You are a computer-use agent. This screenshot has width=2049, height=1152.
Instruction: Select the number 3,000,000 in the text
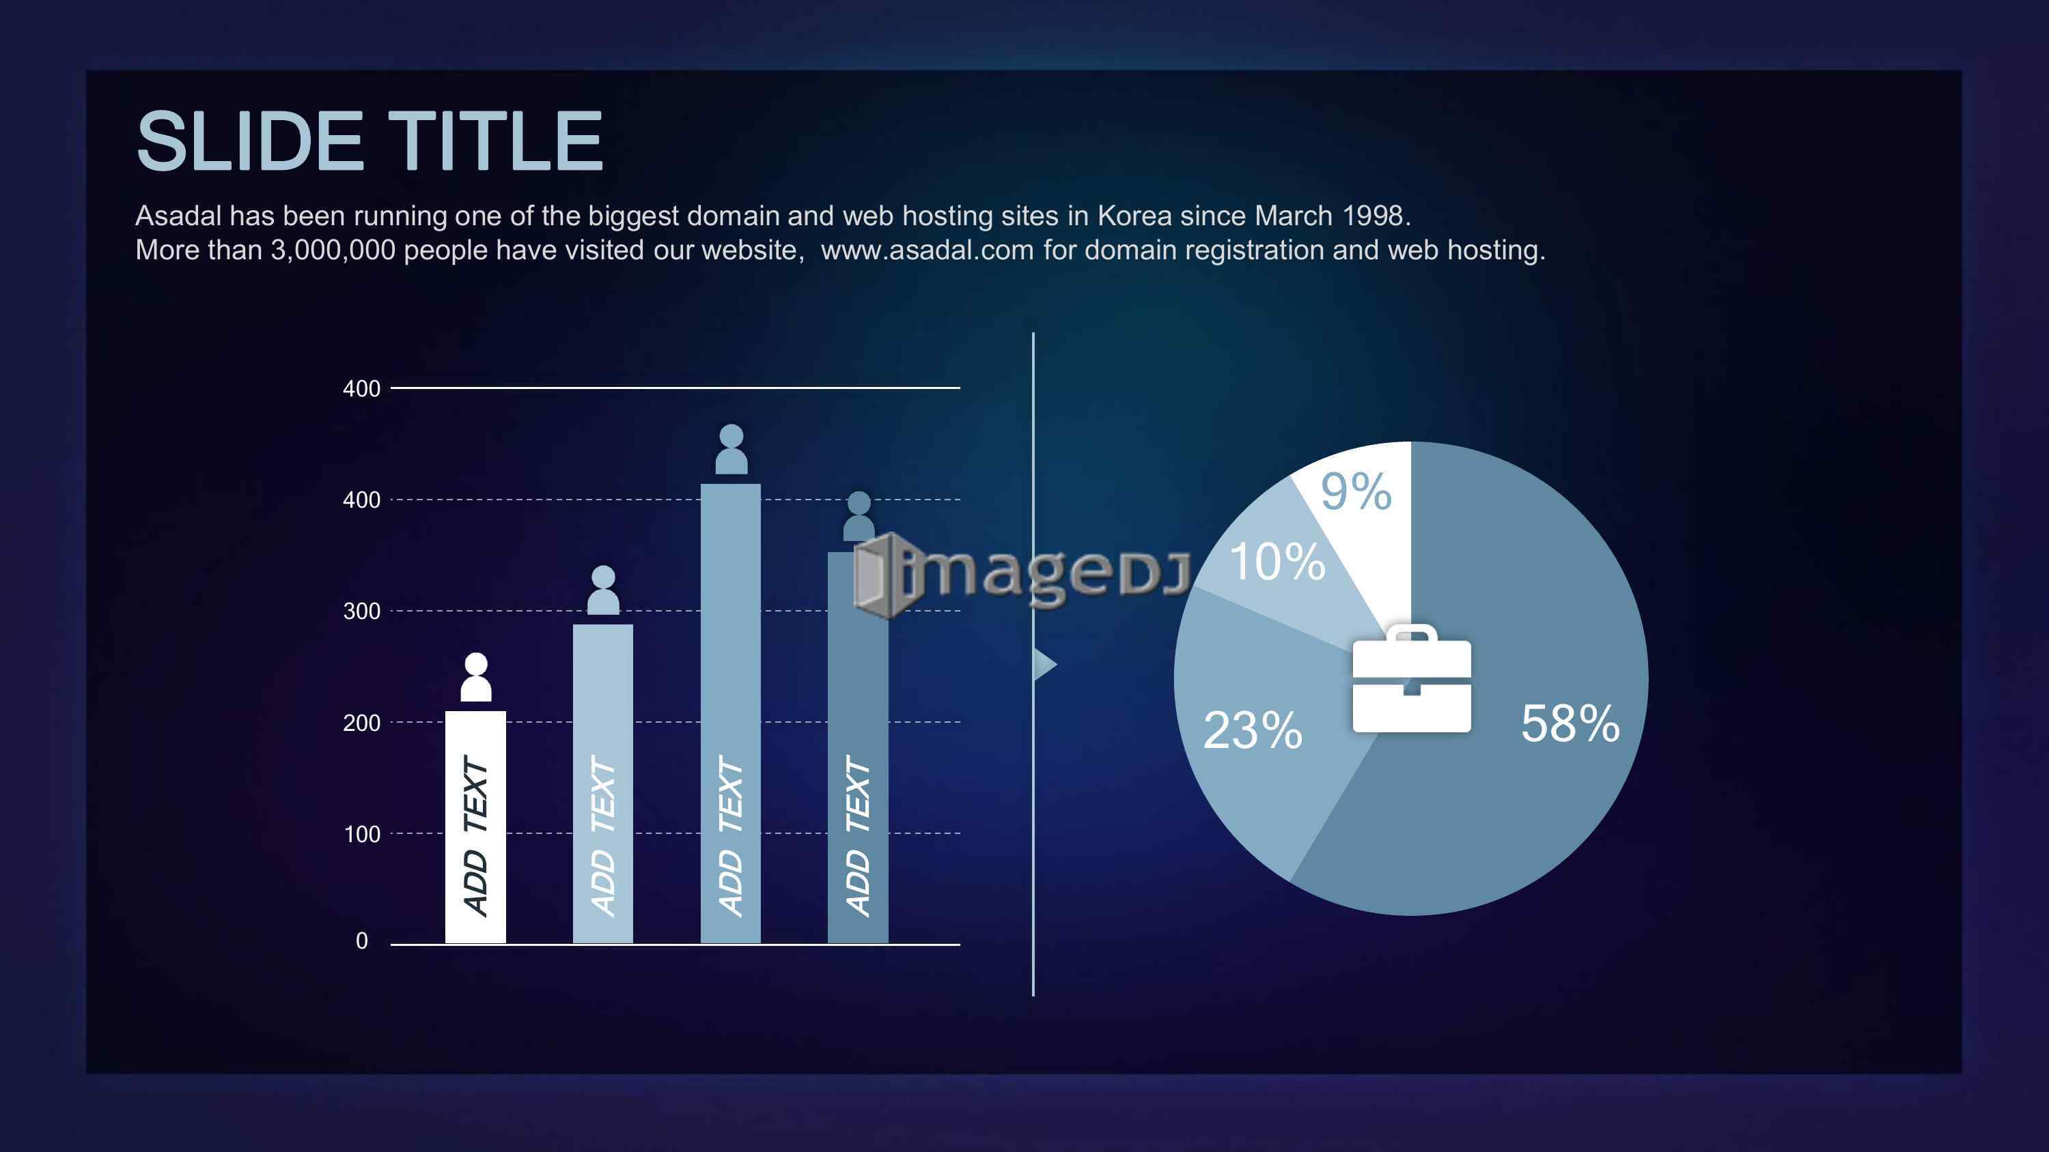(x=333, y=250)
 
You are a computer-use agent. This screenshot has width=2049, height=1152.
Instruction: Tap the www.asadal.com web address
(x=927, y=250)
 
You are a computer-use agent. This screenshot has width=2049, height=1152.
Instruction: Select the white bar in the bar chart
(x=475, y=827)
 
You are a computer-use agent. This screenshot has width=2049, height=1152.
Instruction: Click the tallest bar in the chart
(x=730, y=713)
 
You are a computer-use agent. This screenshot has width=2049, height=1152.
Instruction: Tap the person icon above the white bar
(x=475, y=678)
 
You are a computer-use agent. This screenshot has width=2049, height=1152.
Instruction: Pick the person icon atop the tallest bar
(x=731, y=449)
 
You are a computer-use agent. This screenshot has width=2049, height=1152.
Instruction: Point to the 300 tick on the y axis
(x=362, y=611)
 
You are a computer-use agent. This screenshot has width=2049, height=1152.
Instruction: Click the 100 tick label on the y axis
(x=362, y=834)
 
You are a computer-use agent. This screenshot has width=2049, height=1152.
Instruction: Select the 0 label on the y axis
(x=362, y=941)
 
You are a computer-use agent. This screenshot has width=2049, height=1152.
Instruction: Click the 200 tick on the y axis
(x=362, y=723)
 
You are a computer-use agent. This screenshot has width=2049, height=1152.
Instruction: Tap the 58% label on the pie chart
(x=1570, y=723)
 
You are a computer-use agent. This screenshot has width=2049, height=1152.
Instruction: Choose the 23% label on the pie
(x=1253, y=730)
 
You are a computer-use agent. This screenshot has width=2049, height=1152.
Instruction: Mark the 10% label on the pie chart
(x=1277, y=561)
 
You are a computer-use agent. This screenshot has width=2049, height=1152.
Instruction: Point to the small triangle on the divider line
(x=1044, y=664)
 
